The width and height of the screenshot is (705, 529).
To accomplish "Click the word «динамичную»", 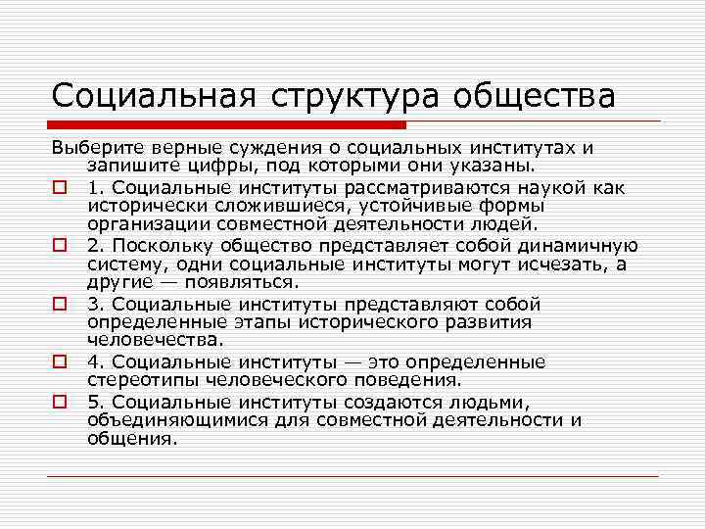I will click(578, 245).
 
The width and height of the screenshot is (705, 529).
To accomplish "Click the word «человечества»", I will click(154, 340).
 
